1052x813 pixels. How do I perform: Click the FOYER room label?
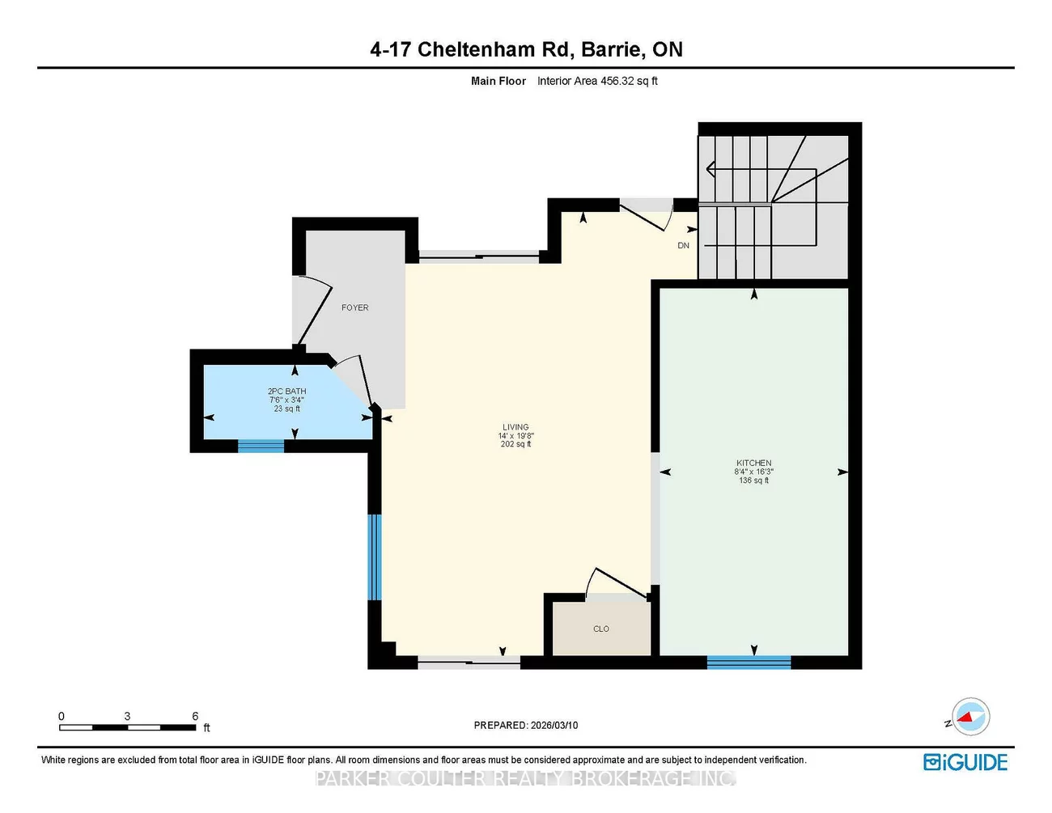pyautogui.click(x=355, y=307)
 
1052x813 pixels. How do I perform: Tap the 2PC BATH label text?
pyautogui.click(x=286, y=391)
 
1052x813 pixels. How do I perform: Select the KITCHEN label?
pyautogui.click(x=753, y=463)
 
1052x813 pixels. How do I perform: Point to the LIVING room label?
pyautogui.click(x=515, y=427)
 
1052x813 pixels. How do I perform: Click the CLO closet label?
pyautogui.click(x=600, y=629)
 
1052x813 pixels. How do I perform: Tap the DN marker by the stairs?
pyautogui.click(x=683, y=245)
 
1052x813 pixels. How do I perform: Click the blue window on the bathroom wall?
pyautogui.click(x=261, y=446)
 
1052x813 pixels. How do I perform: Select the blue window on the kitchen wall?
pyautogui.click(x=749, y=662)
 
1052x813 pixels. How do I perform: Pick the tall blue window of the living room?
pyautogui.click(x=375, y=557)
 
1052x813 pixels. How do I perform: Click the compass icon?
pyautogui.click(x=970, y=717)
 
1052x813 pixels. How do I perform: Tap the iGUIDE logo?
pyautogui.click(x=965, y=762)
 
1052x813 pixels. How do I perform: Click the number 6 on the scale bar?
pyautogui.click(x=195, y=716)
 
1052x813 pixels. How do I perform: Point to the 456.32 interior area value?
pyautogui.click(x=617, y=81)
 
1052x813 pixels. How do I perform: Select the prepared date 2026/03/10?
pyautogui.click(x=554, y=725)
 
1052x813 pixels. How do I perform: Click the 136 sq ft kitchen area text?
pyautogui.click(x=753, y=480)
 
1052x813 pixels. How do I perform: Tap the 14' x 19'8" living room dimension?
pyautogui.click(x=515, y=435)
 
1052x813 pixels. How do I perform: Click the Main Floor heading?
pyautogui.click(x=498, y=81)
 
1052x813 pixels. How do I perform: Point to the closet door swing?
pyautogui.click(x=616, y=582)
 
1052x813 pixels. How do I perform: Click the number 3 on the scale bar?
pyautogui.click(x=127, y=716)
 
